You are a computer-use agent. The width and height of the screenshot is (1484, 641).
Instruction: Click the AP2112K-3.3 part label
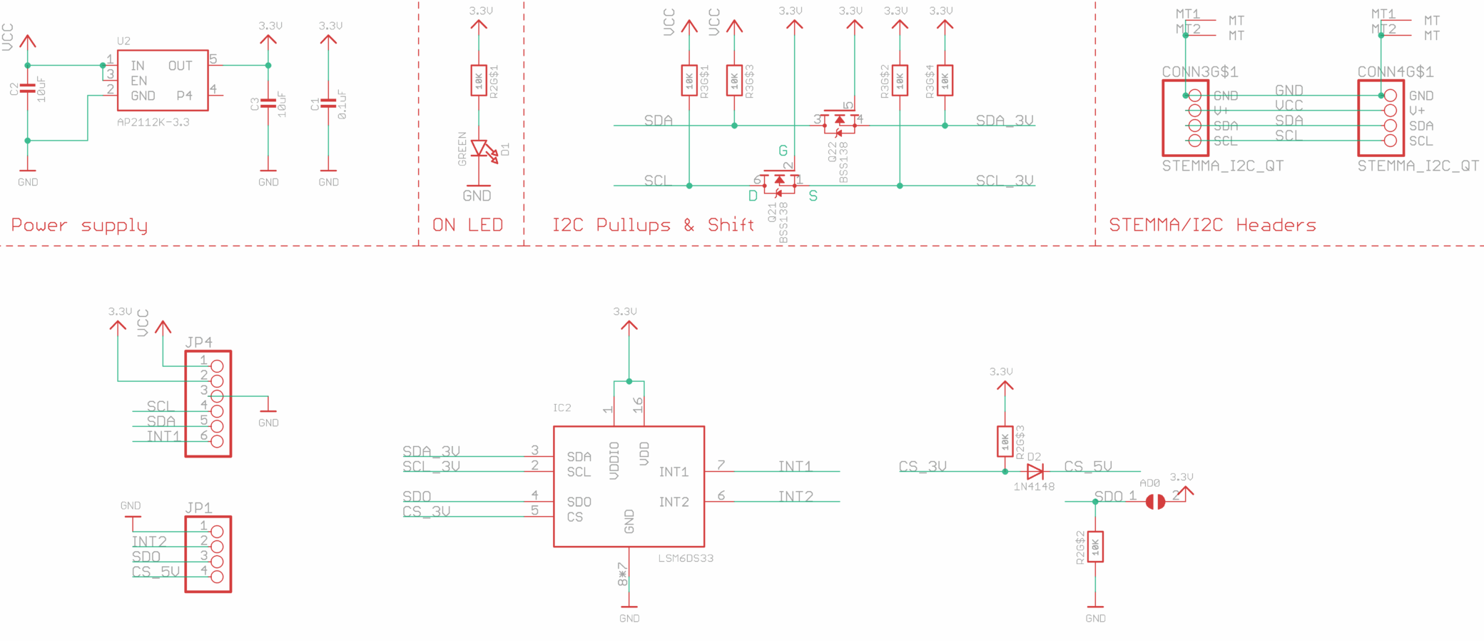pos(153,122)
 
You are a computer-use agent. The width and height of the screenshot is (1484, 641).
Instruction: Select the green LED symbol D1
pos(480,149)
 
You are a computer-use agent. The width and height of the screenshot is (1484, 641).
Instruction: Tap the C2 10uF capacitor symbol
pos(27,89)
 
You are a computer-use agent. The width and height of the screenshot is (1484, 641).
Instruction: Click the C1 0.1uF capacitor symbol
pos(328,104)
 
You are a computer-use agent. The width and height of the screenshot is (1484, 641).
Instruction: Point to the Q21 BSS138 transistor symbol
pos(778,181)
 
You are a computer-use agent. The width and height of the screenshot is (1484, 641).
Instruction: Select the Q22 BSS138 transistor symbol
pos(839,121)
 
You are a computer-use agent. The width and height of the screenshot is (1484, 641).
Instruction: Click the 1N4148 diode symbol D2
pos(1035,471)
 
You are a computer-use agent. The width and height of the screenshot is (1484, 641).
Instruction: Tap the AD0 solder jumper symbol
pos(1155,502)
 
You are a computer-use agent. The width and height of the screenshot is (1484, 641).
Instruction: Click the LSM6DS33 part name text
pos(686,558)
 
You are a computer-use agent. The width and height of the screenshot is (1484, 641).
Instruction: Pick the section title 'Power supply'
pos(79,226)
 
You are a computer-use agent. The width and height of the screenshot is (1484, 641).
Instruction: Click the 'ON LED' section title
pos(467,225)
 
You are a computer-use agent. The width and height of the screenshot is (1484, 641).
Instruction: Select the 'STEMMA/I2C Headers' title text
pos(1212,226)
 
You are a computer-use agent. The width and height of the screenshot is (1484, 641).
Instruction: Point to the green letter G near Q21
pos(783,151)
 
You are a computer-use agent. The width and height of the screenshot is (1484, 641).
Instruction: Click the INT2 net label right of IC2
pos(796,496)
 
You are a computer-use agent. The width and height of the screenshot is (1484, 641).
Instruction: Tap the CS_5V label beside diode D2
pos(1088,466)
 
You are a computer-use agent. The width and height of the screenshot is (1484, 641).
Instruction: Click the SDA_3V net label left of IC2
pos(431,451)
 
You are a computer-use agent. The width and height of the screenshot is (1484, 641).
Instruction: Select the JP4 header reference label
pos(198,342)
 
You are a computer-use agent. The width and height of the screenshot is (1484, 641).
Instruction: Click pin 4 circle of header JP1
pos(217,577)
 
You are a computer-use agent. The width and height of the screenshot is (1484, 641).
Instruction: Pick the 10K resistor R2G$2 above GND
pos(1095,547)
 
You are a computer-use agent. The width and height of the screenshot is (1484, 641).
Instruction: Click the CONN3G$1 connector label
pos(1199,72)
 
